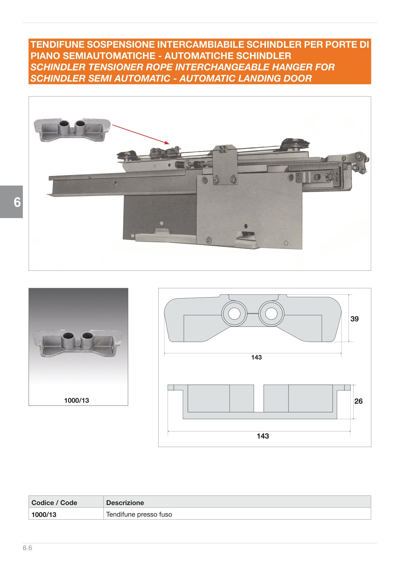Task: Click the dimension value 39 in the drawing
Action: click(x=355, y=319)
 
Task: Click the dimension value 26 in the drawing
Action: click(x=358, y=401)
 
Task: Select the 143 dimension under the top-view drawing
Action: click(x=257, y=357)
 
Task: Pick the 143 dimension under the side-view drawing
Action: click(x=263, y=436)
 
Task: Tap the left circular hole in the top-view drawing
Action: click(x=234, y=314)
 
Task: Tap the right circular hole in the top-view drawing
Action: click(x=271, y=314)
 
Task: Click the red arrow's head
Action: click(x=166, y=142)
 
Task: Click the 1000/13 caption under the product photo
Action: click(x=77, y=400)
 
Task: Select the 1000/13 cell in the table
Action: click(x=44, y=515)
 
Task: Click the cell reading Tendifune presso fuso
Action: click(x=139, y=514)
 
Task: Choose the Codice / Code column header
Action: click(x=54, y=502)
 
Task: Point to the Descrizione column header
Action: click(x=125, y=502)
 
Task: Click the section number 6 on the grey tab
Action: click(x=17, y=202)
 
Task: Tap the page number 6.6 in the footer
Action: click(x=27, y=548)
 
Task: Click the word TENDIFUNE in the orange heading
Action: click(x=57, y=45)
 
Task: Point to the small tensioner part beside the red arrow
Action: click(x=73, y=129)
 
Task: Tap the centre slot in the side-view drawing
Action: click(x=259, y=398)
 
